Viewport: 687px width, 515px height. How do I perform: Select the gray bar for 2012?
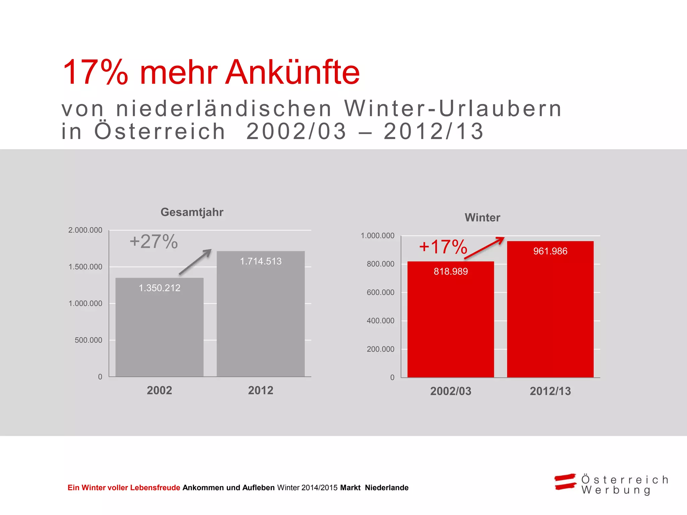point(261,319)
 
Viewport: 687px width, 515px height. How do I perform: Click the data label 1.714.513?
point(261,261)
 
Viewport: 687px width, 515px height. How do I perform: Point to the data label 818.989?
point(451,271)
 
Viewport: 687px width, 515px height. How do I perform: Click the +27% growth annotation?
point(154,241)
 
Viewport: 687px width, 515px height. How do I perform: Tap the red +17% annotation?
point(443,247)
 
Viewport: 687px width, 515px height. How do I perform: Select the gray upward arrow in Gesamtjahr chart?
point(196,262)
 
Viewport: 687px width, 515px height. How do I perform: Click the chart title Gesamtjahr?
point(192,212)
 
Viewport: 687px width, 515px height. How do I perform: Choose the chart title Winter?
point(482,218)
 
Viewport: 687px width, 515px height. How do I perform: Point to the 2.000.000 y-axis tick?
point(85,230)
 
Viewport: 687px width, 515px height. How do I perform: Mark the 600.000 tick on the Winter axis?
point(380,292)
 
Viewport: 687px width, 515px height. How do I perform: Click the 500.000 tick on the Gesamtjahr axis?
point(88,340)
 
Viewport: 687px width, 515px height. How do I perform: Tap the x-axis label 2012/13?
point(550,391)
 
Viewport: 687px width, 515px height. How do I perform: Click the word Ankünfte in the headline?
point(292,72)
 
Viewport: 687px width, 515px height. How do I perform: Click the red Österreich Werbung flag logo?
point(565,482)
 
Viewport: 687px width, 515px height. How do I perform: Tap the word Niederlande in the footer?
point(386,488)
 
